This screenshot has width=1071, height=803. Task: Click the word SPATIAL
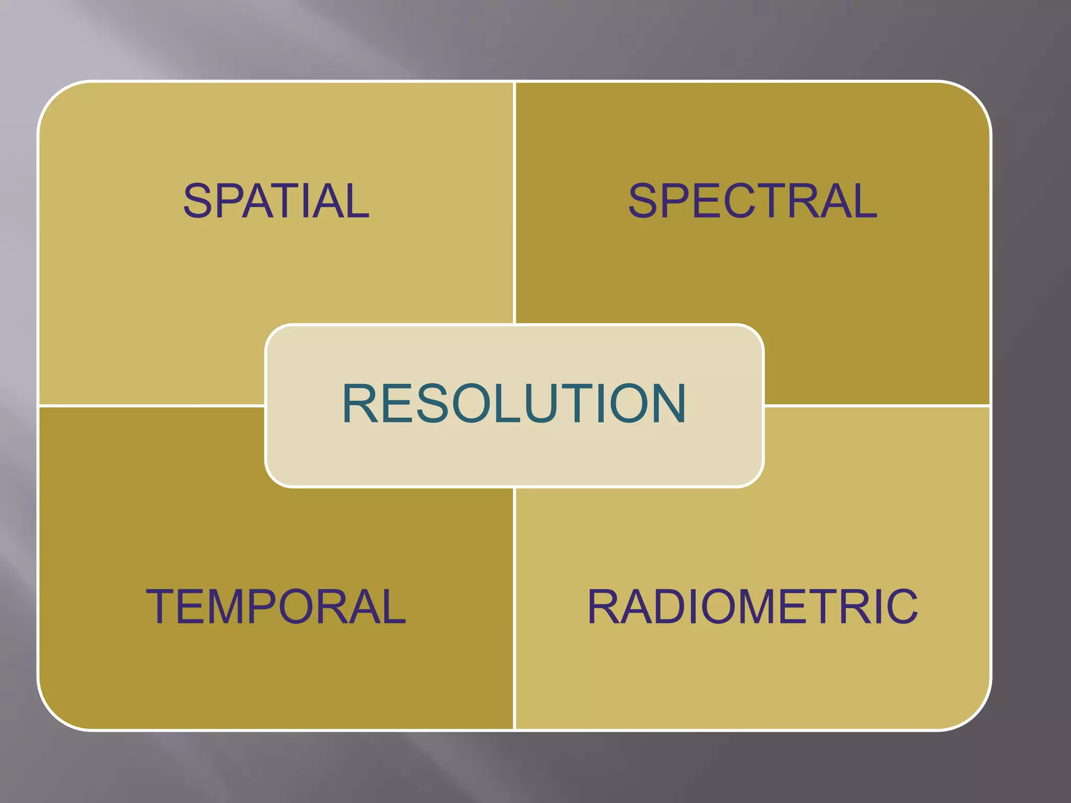(x=276, y=201)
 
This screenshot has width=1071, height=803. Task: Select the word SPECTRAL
(x=753, y=201)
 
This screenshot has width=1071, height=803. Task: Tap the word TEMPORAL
(x=276, y=606)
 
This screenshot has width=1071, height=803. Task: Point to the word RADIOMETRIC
(x=753, y=606)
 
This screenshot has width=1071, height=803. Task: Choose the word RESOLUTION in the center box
(x=514, y=403)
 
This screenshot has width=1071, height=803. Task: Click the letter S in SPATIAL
(x=198, y=201)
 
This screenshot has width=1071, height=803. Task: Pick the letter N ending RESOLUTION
(x=666, y=403)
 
